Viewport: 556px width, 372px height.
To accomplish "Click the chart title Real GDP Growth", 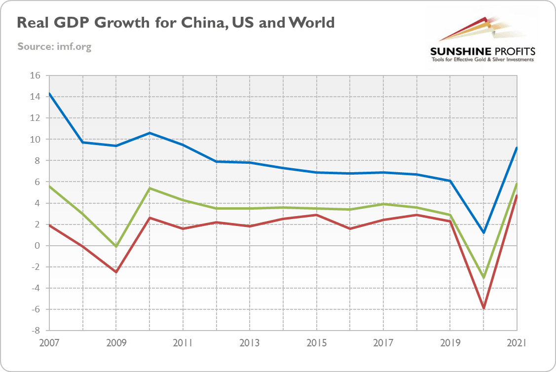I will click(x=176, y=23).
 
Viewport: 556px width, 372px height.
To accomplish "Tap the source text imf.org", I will click(x=54, y=47).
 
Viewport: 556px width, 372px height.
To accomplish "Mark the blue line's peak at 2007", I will click(x=50, y=94).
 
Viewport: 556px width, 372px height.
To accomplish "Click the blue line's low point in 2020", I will click(x=483, y=232).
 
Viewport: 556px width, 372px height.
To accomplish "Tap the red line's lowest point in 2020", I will click(x=483, y=308).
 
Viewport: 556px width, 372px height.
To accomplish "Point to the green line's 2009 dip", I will click(x=116, y=246).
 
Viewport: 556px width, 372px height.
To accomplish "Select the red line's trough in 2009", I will click(x=116, y=272).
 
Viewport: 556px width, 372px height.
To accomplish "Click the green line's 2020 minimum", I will click(x=483, y=278).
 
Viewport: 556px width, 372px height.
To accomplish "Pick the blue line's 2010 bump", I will click(x=150, y=133).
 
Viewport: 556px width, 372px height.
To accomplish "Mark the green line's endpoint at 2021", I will click(x=516, y=184).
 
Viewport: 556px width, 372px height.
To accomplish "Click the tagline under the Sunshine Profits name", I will click(x=482, y=60).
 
